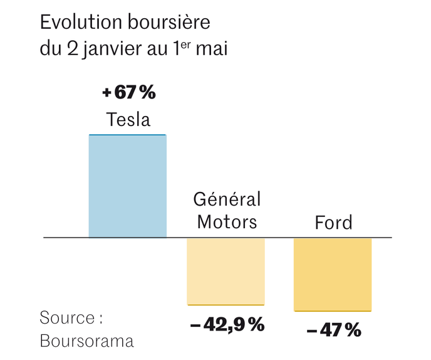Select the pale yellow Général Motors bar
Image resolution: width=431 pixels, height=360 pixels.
[226, 271]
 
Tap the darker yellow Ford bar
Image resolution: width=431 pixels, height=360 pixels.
[333, 274]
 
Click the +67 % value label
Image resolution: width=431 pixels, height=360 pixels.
[128, 93]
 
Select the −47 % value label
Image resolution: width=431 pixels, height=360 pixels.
[334, 329]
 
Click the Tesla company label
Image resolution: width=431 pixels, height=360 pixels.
[128, 119]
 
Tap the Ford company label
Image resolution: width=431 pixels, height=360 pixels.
[333, 222]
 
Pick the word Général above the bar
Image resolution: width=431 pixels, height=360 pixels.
[227, 200]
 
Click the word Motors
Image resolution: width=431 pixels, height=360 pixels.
[227, 221]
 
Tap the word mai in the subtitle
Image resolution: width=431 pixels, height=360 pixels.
[212, 50]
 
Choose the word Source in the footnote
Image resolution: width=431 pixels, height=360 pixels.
[67, 317]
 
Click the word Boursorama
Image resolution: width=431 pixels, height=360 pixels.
[86, 341]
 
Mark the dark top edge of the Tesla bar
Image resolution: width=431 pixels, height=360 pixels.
[128, 135]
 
